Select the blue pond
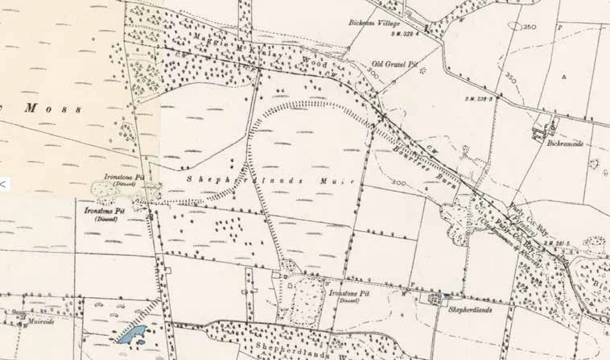(x=130, y=333)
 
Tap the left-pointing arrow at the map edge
(x=3, y=184)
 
